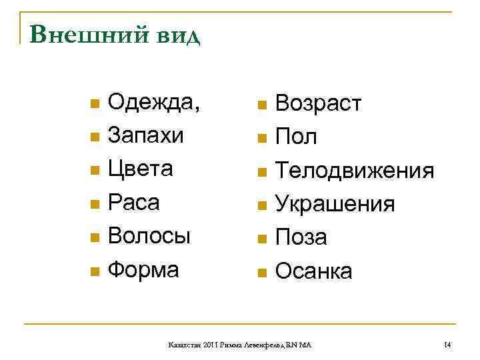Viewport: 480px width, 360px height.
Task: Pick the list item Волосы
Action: click(149, 236)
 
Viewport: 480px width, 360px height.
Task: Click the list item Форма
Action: click(143, 269)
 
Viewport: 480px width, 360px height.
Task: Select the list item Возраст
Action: click(319, 105)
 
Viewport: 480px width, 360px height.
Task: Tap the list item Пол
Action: click(296, 138)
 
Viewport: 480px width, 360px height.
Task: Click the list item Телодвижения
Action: click(355, 171)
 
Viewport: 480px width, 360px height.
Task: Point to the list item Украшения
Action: click(335, 205)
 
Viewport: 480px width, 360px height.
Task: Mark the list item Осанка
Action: click(314, 271)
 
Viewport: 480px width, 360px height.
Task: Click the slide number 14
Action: click(447, 345)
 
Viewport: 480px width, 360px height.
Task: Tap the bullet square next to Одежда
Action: click(94, 105)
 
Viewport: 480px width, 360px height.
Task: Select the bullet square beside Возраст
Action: click(262, 106)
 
